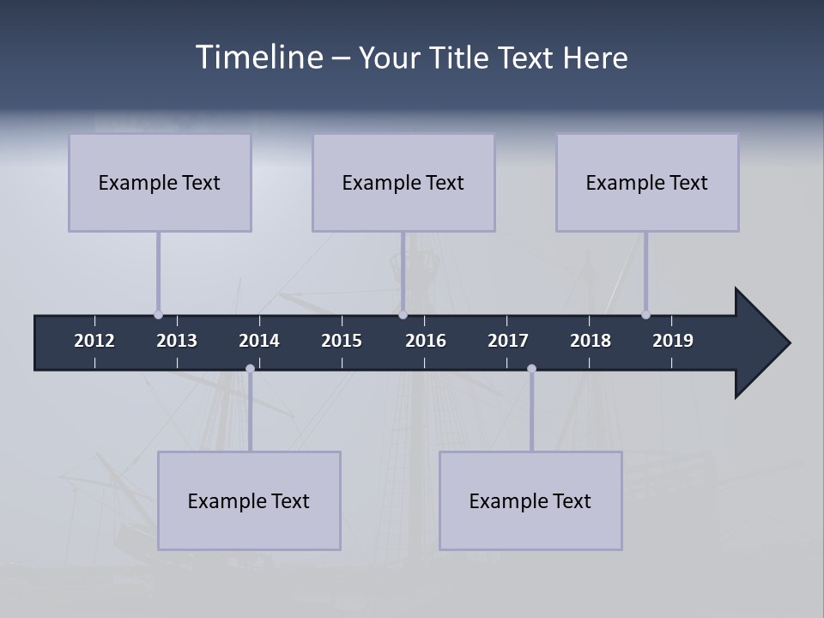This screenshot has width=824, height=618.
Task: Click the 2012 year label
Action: [94, 341]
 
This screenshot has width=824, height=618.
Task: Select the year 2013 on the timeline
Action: [177, 341]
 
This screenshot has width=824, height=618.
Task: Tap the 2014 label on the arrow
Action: [259, 341]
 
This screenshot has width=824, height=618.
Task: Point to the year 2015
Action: [342, 341]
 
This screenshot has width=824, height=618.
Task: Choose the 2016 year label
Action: [426, 341]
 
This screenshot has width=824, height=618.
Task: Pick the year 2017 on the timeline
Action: [508, 341]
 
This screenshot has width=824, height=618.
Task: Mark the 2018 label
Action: [591, 341]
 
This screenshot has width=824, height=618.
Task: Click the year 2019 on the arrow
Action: [673, 341]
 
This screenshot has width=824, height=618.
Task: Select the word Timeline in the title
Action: [258, 58]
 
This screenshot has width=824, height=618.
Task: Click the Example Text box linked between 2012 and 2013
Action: [160, 183]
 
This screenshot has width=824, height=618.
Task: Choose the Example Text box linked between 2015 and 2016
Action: [403, 183]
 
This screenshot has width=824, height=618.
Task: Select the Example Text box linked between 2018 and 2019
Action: [647, 183]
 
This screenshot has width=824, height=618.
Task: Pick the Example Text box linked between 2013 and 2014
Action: [249, 500]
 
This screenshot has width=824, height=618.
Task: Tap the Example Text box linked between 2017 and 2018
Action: [530, 500]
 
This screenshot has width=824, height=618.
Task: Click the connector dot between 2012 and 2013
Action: [158, 314]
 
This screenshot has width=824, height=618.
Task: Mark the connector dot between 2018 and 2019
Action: [645, 314]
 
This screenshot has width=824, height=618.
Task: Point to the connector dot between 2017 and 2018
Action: [531, 369]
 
